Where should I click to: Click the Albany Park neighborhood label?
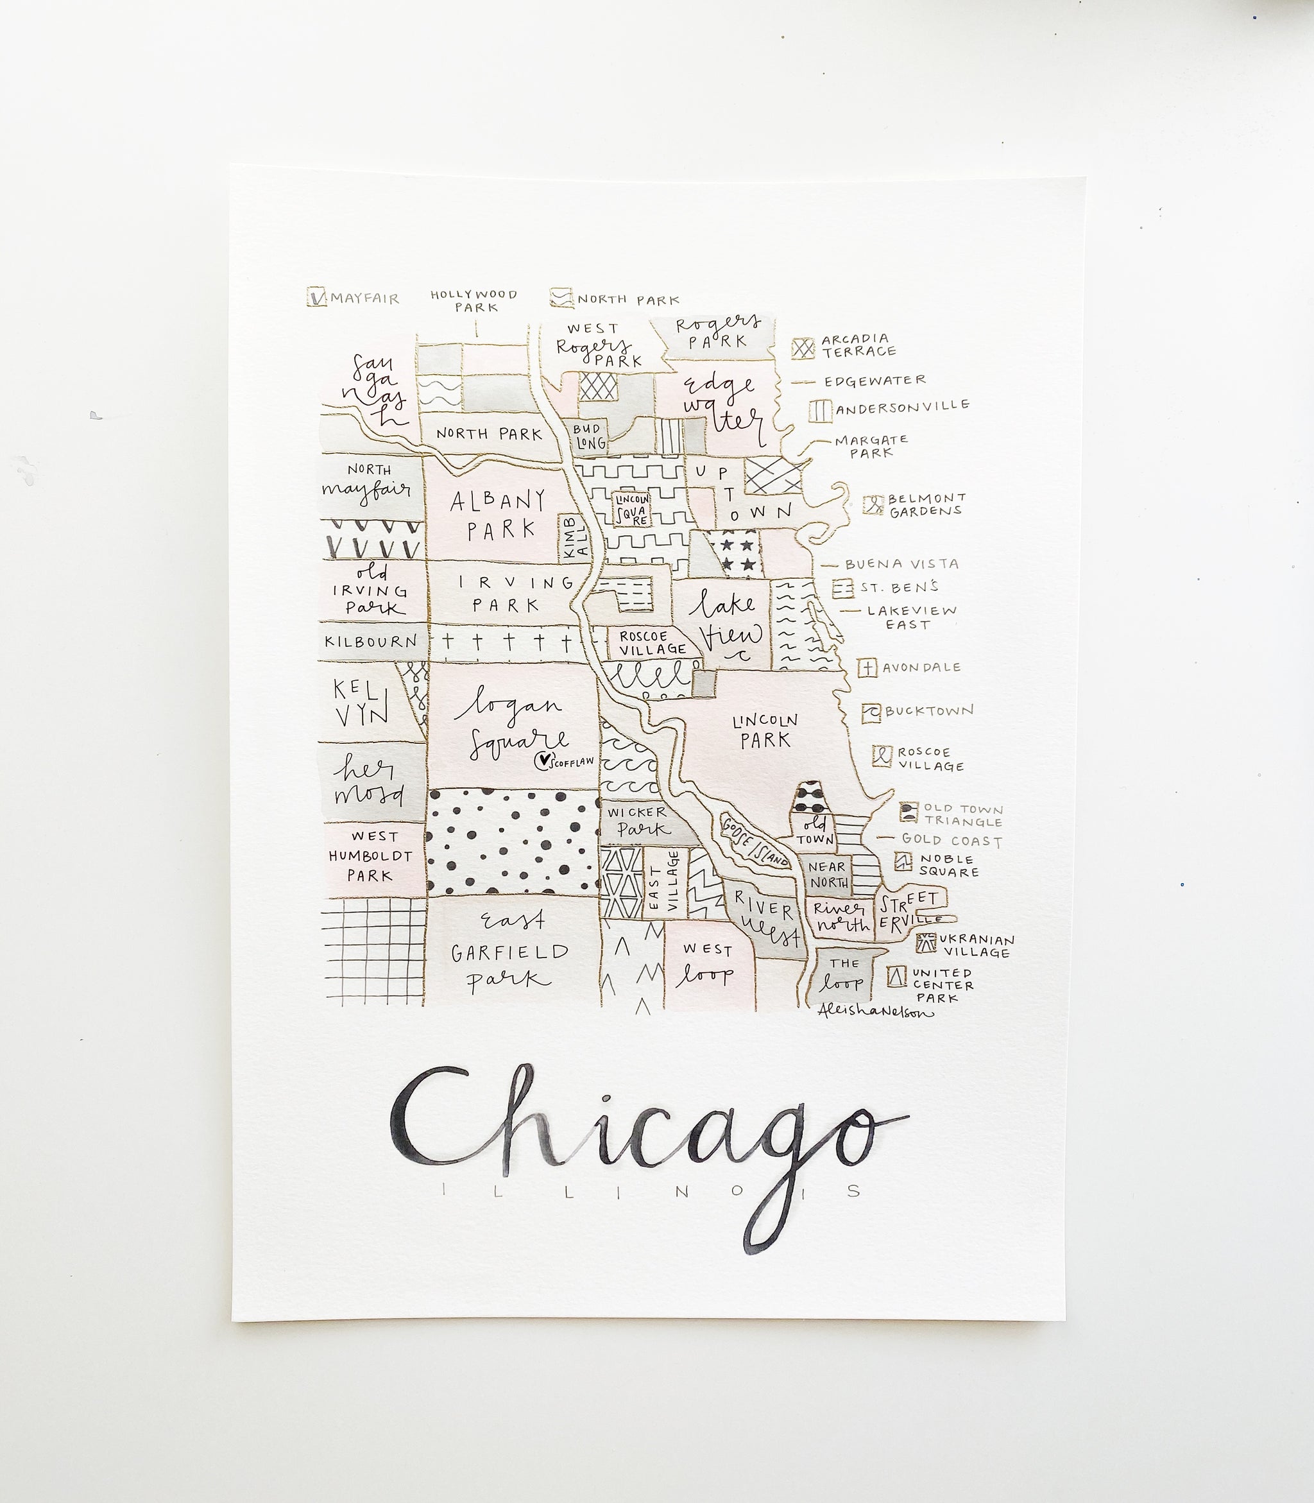(x=499, y=514)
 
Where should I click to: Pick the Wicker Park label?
(x=636, y=821)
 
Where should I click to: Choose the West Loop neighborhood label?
(x=707, y=963)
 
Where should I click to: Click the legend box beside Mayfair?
(x=316, y=297)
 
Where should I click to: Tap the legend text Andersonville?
(x=903, y=406)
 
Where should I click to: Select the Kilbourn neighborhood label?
(x=371, y=641)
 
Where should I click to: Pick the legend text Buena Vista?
(x=901, y=564)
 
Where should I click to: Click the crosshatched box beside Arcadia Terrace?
(x=804, y=348)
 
